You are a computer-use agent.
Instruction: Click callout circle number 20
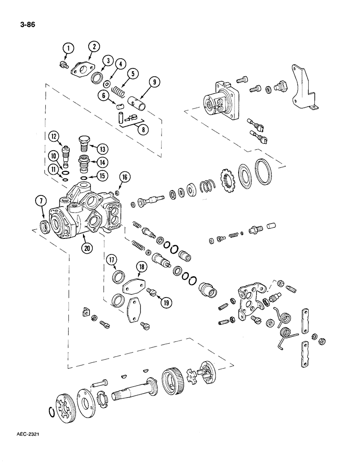tap(86, 248)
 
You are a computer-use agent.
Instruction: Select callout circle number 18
tap(141, 267)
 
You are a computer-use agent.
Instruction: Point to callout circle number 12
tap(54, 136)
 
